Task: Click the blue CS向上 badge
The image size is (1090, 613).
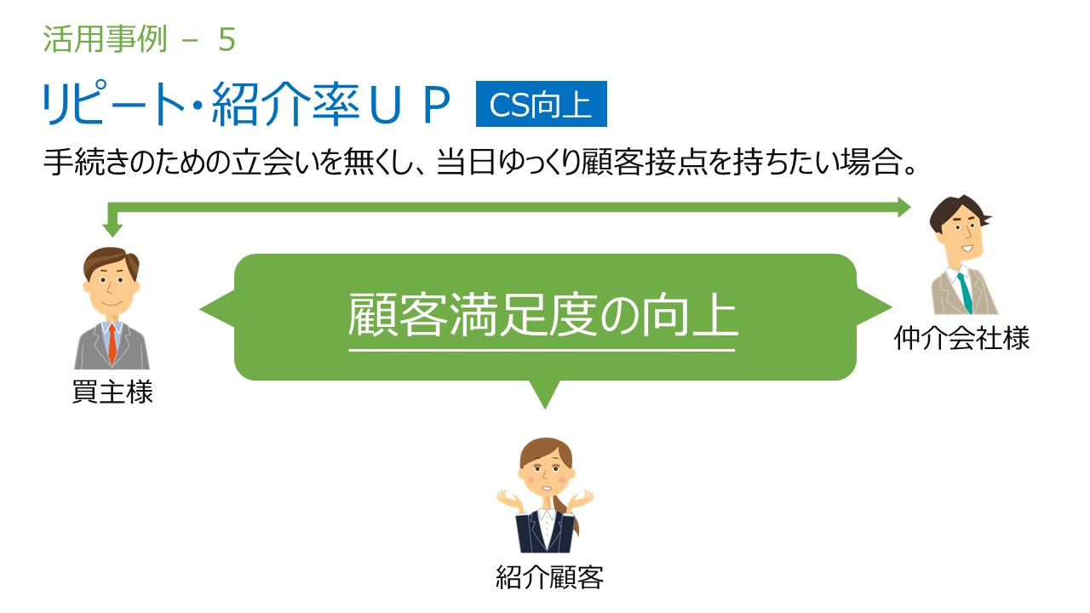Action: pyautogui.click(x=541, y=104)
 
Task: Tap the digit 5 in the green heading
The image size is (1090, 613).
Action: pyautogui.click(x=227, y=39)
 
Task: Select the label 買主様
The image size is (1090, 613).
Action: pyautogui.click(x=112, y=392)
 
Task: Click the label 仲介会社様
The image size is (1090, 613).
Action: pyautogui.click(x=961, y=338)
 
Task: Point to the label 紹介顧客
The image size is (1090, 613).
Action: pyautogui.click(x=549, y=577)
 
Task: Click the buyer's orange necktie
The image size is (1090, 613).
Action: pyautogui.click(x=112, y=343)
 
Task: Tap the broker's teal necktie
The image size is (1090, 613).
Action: pyautogui.click(x=965, y=293)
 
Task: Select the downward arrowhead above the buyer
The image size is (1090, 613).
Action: pyautogui.click(x=112, y=230)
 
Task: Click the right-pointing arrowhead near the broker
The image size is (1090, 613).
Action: pyautogui.click(x=904, y=207)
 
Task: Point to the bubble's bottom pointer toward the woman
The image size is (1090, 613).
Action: pyautogui.click(x=545, y=394)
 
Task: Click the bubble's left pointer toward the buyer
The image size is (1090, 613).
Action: pyautogui.click(x=217, y=309)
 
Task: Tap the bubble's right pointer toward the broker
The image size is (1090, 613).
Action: pyautogui.click(x=874, y=307)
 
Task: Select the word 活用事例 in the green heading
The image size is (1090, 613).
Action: pyautogui.click(x=105, y=39)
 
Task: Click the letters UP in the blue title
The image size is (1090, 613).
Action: pyautogui.click(x=410, y=104)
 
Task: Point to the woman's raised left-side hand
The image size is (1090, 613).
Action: pyautogui.click(x=509, y=500)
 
